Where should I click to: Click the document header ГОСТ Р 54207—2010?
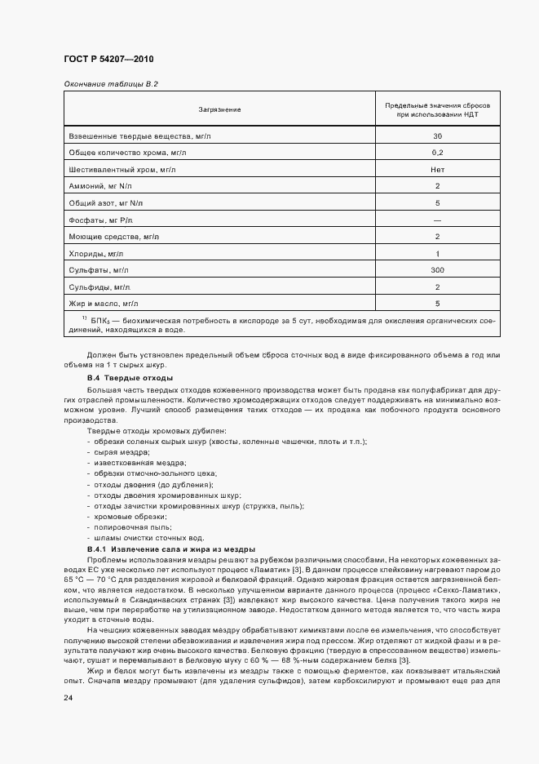pos(108,60)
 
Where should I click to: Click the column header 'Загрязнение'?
pos(219,109)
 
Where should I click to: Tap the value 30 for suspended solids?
pos(438,135)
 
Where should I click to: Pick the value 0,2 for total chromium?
pos(438,153)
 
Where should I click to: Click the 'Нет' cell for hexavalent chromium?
pos(438,169)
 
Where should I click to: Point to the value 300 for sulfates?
pos(438,270)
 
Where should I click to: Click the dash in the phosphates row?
pos(438,220)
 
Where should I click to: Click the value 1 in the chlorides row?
pos(438,254)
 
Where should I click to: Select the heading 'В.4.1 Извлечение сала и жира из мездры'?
pos(171,549)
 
